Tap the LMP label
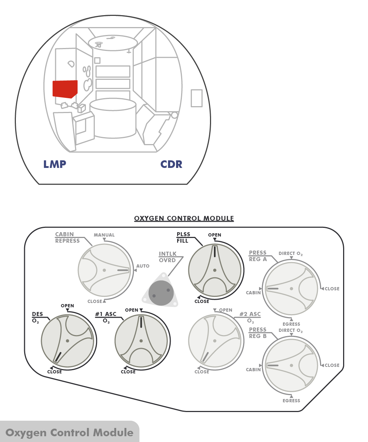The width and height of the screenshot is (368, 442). pyautogui.click(x=55, y=164)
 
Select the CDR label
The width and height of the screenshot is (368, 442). pyautogui.click(x=171, y=164)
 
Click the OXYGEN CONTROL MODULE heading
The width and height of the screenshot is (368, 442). pyautogui.click(x=184, y=218)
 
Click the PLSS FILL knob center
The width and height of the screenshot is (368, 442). pyautogui.click(x=215, y=270)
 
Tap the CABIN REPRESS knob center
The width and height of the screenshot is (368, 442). pyautogui.click(x=104, y=270)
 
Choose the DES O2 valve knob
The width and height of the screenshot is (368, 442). pyautogui.click(x=67, y=341)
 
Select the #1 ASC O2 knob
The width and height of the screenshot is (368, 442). pyautogui.click(x=141, y=341)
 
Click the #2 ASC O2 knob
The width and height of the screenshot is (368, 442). pyautogui.click(x=215, y=341)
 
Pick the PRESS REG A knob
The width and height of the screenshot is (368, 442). pyautogui.click(x=292, y=289)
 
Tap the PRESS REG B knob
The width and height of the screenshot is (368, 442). pyautogui.click(x=292, y=365)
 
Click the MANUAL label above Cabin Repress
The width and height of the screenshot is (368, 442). pyautogui.click(x=104, y=235)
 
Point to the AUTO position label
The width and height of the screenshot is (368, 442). pyautogui.click(x=143, y=266)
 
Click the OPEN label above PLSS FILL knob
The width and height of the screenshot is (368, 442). pyautogui.click(x=215, y=235)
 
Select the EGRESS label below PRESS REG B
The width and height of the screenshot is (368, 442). pyautogui.click(x=292, y=401)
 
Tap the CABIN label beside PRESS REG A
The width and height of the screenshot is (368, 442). pyautogui.click(x=253, y=293)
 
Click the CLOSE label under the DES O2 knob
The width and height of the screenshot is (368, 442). pyautogui.click(x=54, y=372)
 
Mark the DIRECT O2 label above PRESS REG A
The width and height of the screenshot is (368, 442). pyautogui.click(x=290, y=253)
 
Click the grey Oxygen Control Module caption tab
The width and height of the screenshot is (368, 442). pyautogui.click(x=69, y=432)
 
